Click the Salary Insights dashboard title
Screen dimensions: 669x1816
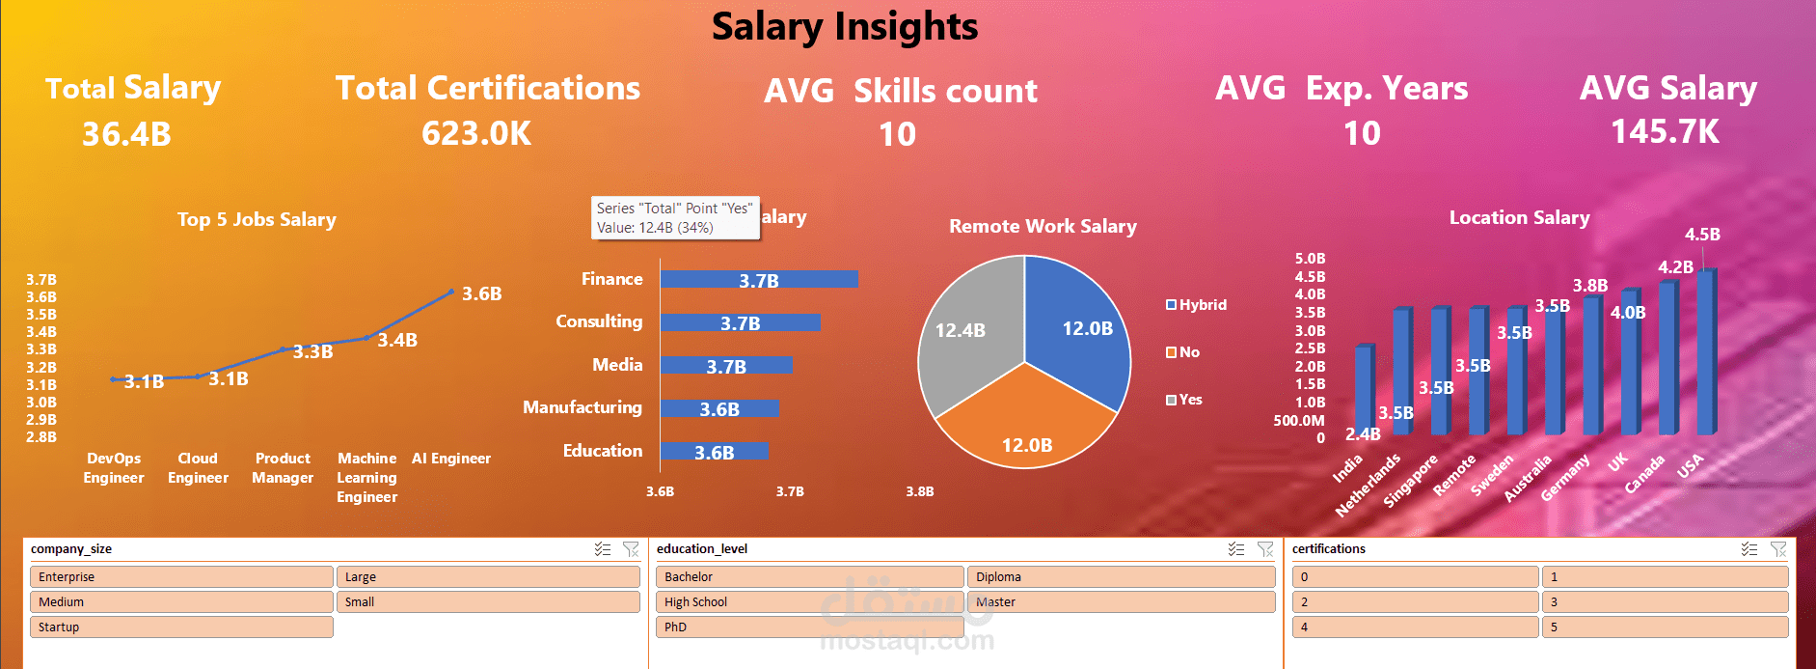(845, 27)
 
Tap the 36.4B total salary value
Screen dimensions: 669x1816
(126, 134)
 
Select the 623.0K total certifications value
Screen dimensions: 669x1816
(476, 134)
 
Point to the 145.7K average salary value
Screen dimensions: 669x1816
(1665, 132)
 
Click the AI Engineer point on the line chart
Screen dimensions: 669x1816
(451, 292)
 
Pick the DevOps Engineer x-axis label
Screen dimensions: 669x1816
(114, 468)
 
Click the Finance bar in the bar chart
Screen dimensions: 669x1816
(758, 279)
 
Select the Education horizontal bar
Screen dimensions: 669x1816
(714, 451)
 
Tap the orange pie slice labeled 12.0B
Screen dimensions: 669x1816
(1026, 425)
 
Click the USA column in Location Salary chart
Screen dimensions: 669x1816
(1705, 352)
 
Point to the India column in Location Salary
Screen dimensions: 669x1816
(1363, 391)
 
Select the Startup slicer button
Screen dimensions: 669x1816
(181, 627)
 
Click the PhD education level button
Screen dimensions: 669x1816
(808, 627)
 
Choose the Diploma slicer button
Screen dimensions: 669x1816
(1121, 576)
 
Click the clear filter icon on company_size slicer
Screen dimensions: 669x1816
(631, 549)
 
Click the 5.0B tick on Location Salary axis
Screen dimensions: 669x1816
(1310, 259)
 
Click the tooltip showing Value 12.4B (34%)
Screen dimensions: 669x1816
(674, 218)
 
